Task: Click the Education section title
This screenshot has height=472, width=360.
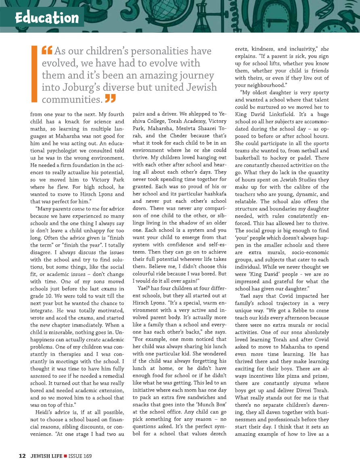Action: (47, 18)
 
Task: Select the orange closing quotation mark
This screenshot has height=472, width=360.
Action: (110, 99)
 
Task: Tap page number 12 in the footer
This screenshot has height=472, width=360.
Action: (22, 456)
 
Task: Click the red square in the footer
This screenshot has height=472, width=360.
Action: (65, 456)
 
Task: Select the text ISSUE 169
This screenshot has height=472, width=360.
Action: (80, 456)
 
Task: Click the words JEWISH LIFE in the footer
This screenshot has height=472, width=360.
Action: (46, 456)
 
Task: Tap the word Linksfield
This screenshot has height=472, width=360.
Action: (296, 114)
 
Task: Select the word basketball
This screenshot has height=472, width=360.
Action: (249, 158)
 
